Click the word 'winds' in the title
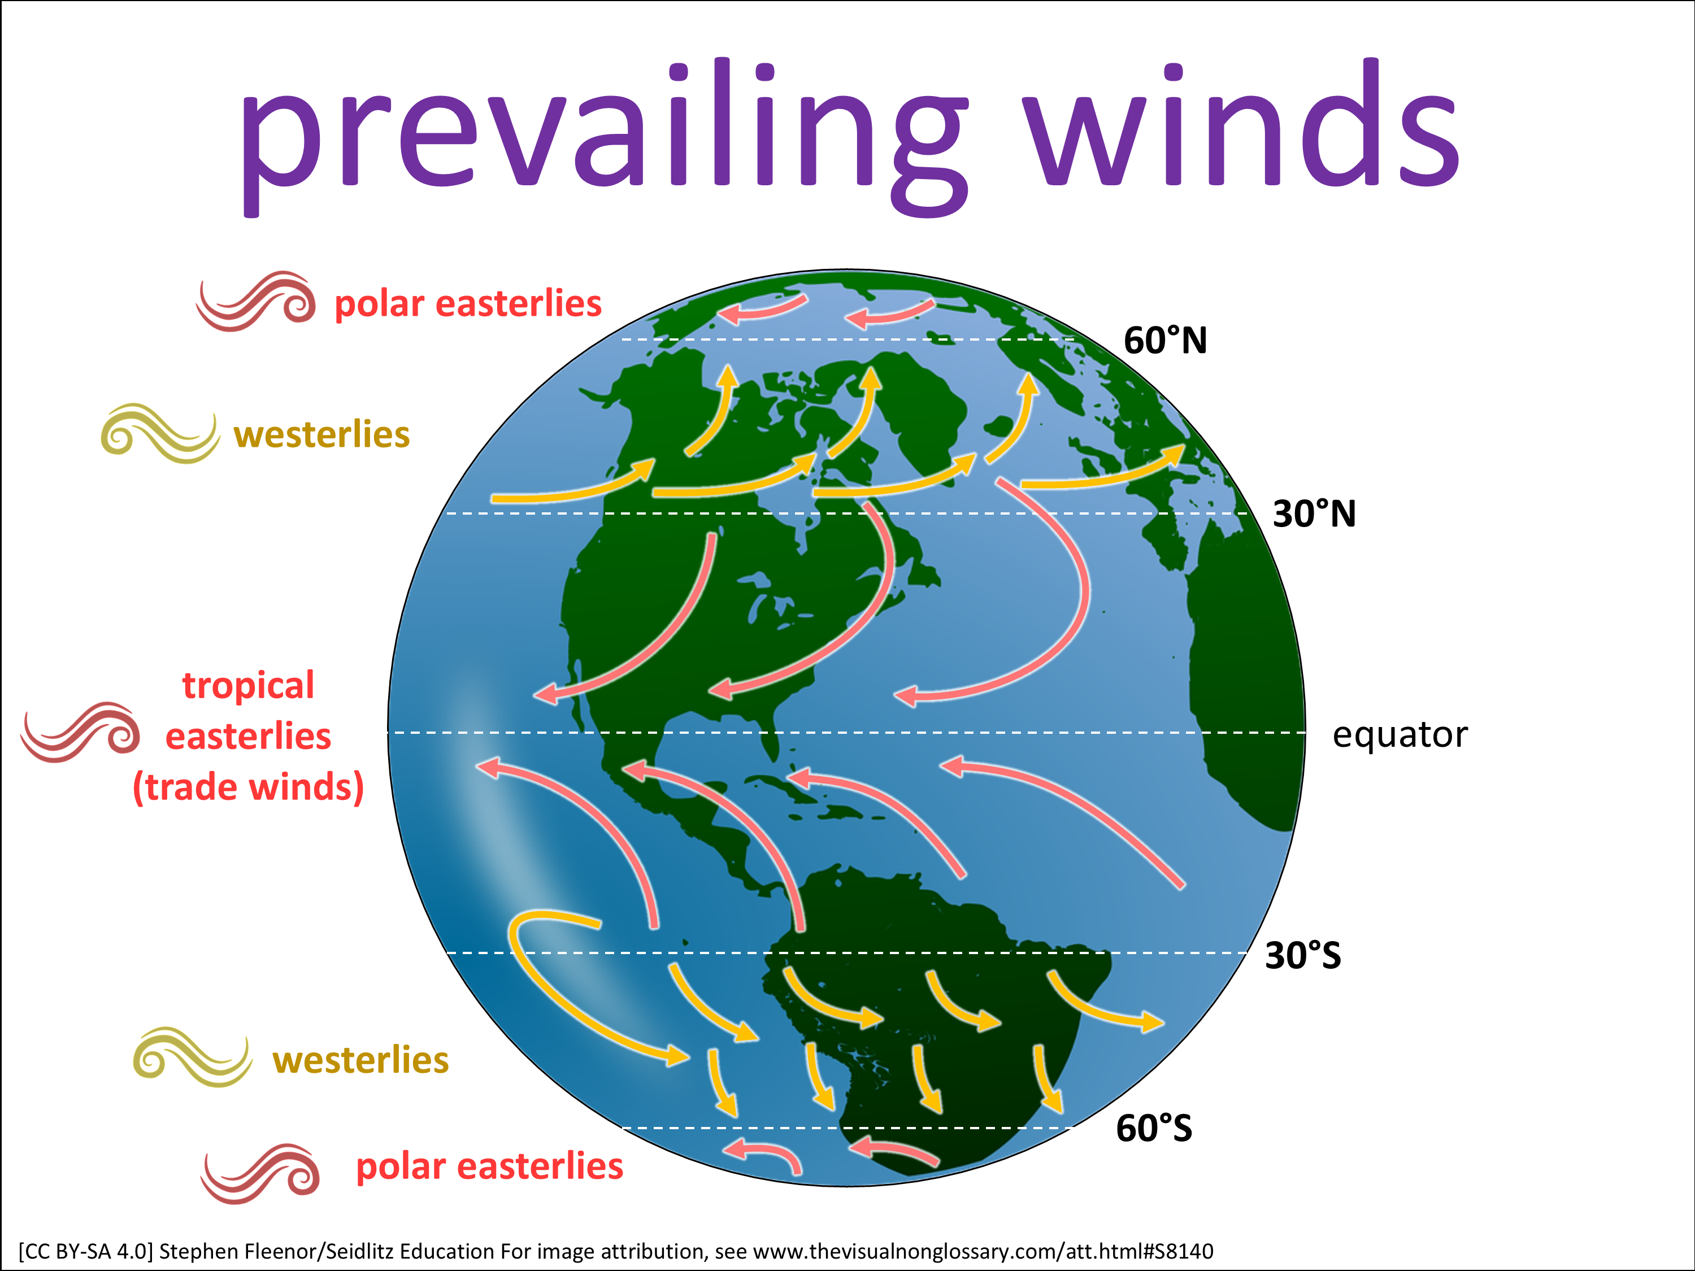(x=1243, y=123)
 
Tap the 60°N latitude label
(x=1164, y=340)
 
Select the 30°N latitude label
(x=1314, y=513)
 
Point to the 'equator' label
(x=1400, y=735)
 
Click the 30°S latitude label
(x=1303, y=955)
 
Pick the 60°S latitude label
(x=1154, y=1129)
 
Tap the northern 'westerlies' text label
(x=322, y=434)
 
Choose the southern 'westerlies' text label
(x=360, y=1060)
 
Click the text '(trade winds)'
(x=248, y=787)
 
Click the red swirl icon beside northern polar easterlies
(x=255, y=301)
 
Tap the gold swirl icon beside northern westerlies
(x=160, y=434)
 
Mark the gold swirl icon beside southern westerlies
(x=192, y=1057)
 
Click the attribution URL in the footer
(x=984, y=1251)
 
